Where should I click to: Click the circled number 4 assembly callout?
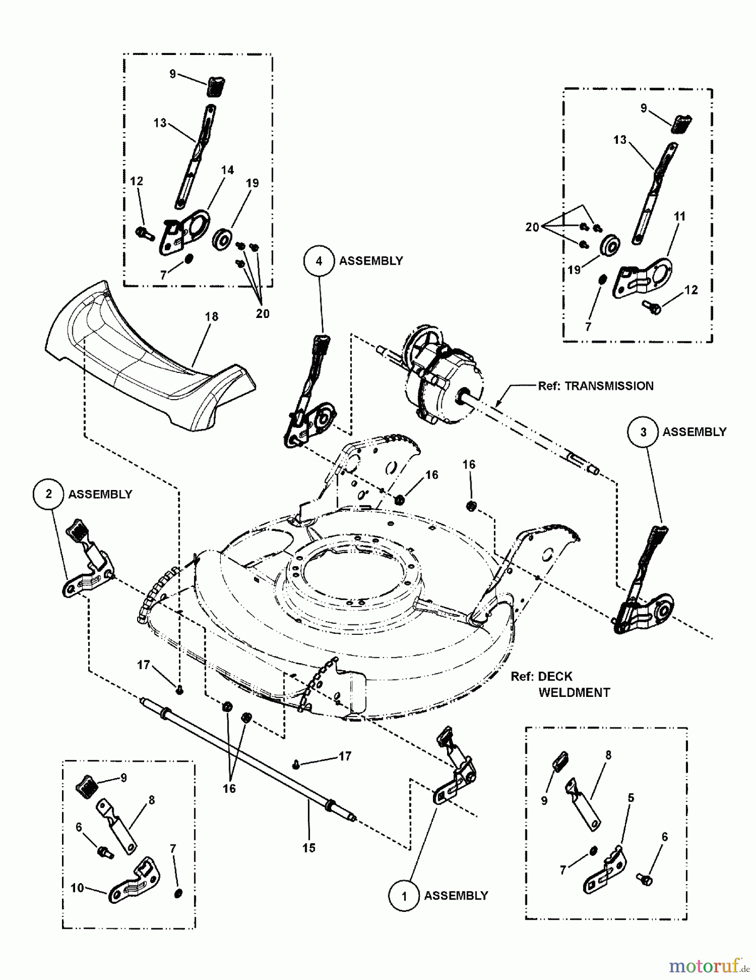(319, 261)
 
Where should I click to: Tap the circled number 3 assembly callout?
(643, 432)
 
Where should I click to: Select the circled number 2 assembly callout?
(49, 494)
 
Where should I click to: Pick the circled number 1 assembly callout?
(404, 896)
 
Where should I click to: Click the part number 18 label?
(211, 316)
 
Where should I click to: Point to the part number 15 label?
(308, 848)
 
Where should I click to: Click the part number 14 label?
(227, 170)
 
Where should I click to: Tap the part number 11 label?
(679, 216)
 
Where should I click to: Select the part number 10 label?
(77, 888)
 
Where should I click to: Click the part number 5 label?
(630, 798)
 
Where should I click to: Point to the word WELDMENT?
(574, 693)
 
